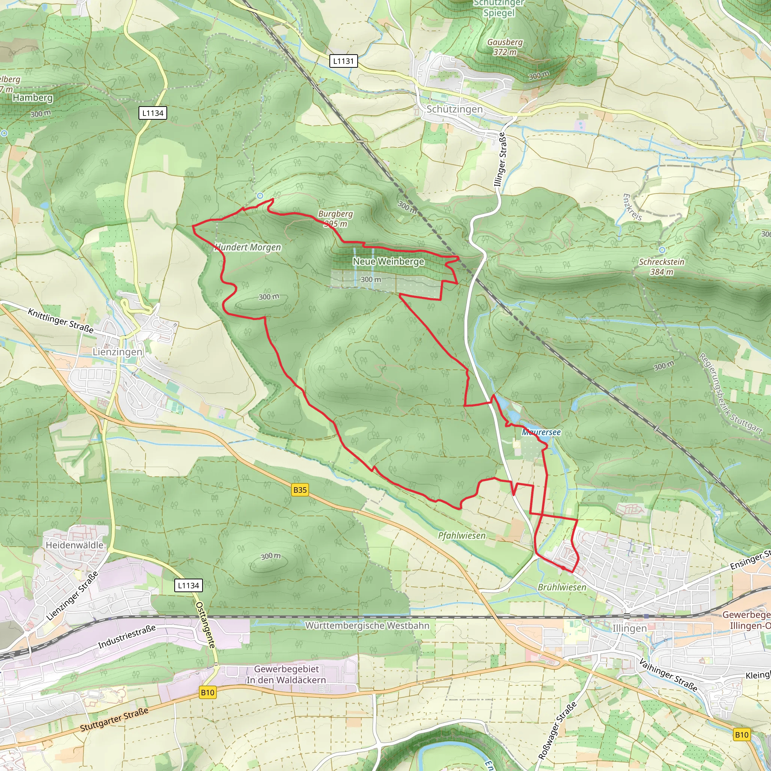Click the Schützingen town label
[454, 109]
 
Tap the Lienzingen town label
[117, 352]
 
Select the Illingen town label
[629, 629]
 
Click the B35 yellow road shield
[300, 490]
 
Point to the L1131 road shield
[344, 61]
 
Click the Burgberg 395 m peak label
[335, 219]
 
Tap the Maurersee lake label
[541, 432]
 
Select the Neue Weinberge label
[388, 261]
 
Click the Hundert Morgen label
[248, 247]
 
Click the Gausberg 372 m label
[505, 47]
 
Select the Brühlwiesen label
[562, 587]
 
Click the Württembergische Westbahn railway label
[367, 626]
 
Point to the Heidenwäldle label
[74, 545]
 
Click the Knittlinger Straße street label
[61, 320]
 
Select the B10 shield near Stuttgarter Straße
[207, 692]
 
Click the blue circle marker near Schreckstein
[662, 250]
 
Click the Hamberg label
[33, 98]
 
